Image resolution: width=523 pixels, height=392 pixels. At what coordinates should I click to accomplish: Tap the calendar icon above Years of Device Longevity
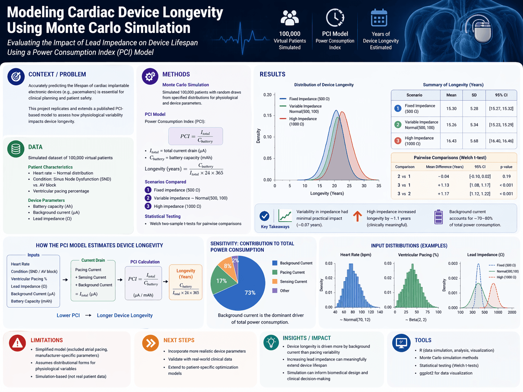click(x=379, y=18)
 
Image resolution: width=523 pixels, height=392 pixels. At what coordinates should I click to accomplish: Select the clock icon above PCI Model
click(x=335, y=17)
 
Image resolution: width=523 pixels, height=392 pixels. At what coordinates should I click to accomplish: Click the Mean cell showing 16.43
click(x=451, y=141)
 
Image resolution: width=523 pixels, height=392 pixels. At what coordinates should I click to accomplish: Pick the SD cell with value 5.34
click(x=474, y=125)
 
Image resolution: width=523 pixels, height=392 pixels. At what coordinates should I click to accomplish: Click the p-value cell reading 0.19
click(x=506, y=177)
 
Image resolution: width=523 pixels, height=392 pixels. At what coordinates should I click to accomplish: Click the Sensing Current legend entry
click(x=293, y=282)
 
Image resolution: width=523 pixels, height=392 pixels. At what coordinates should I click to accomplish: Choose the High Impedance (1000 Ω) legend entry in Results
click(x=302, y=121)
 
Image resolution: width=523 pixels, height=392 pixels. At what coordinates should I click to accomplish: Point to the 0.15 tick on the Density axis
click(x=267, y=116)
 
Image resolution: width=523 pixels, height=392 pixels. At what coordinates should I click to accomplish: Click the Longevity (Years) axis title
click(x=327, y=193)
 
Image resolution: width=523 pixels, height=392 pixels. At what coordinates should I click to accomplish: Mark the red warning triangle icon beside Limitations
click(x=17, y=343)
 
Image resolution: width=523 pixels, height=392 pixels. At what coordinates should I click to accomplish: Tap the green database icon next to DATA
click(x=16, y=149)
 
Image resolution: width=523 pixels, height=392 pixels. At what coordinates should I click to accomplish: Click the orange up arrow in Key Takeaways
click(x=357, y=216)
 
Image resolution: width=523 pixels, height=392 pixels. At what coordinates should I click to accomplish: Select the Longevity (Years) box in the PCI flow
click(x=186, y=282)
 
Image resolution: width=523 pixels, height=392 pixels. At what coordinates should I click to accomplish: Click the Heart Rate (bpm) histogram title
click(x=355, y=255)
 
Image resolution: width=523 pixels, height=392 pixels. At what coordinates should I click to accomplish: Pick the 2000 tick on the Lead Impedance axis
click(x=512, y=312)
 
